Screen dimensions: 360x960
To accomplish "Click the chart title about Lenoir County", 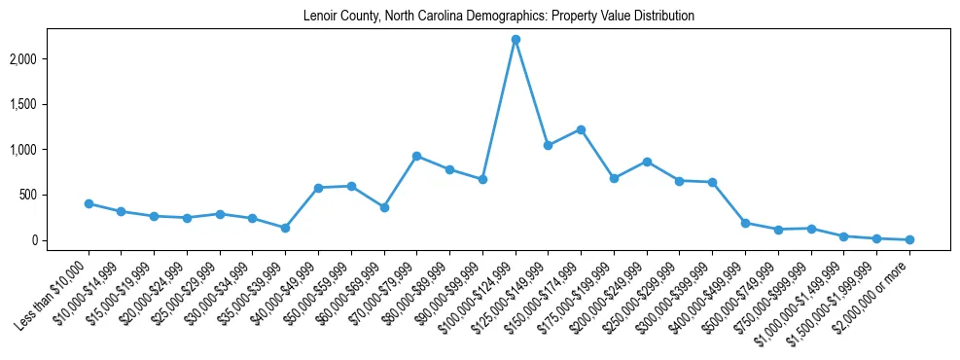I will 499,17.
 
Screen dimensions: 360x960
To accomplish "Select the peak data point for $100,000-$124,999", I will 516,40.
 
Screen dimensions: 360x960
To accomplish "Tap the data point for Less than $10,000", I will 89,204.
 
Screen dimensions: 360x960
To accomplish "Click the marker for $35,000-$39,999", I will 285,228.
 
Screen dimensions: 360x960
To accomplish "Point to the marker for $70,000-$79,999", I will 416,156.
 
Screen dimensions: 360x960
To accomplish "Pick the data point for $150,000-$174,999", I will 581,129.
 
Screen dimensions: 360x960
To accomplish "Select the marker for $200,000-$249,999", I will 647,162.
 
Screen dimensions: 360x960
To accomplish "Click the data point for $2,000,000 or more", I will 909,239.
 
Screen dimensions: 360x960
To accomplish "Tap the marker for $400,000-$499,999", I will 745,223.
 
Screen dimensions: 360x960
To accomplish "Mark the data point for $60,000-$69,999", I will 384,207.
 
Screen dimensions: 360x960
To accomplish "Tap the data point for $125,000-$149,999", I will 549,145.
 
